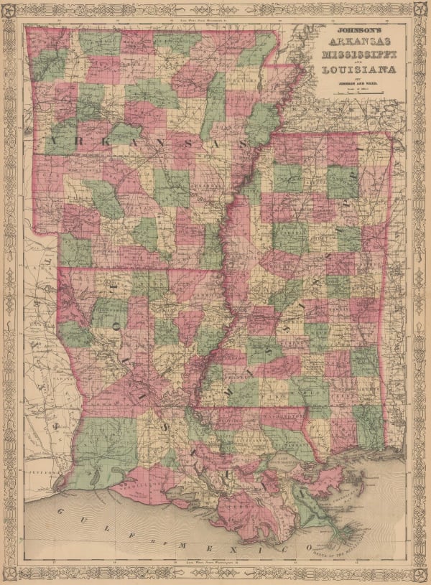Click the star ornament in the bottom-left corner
[11, 573]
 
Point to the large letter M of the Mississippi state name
[230, 394]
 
